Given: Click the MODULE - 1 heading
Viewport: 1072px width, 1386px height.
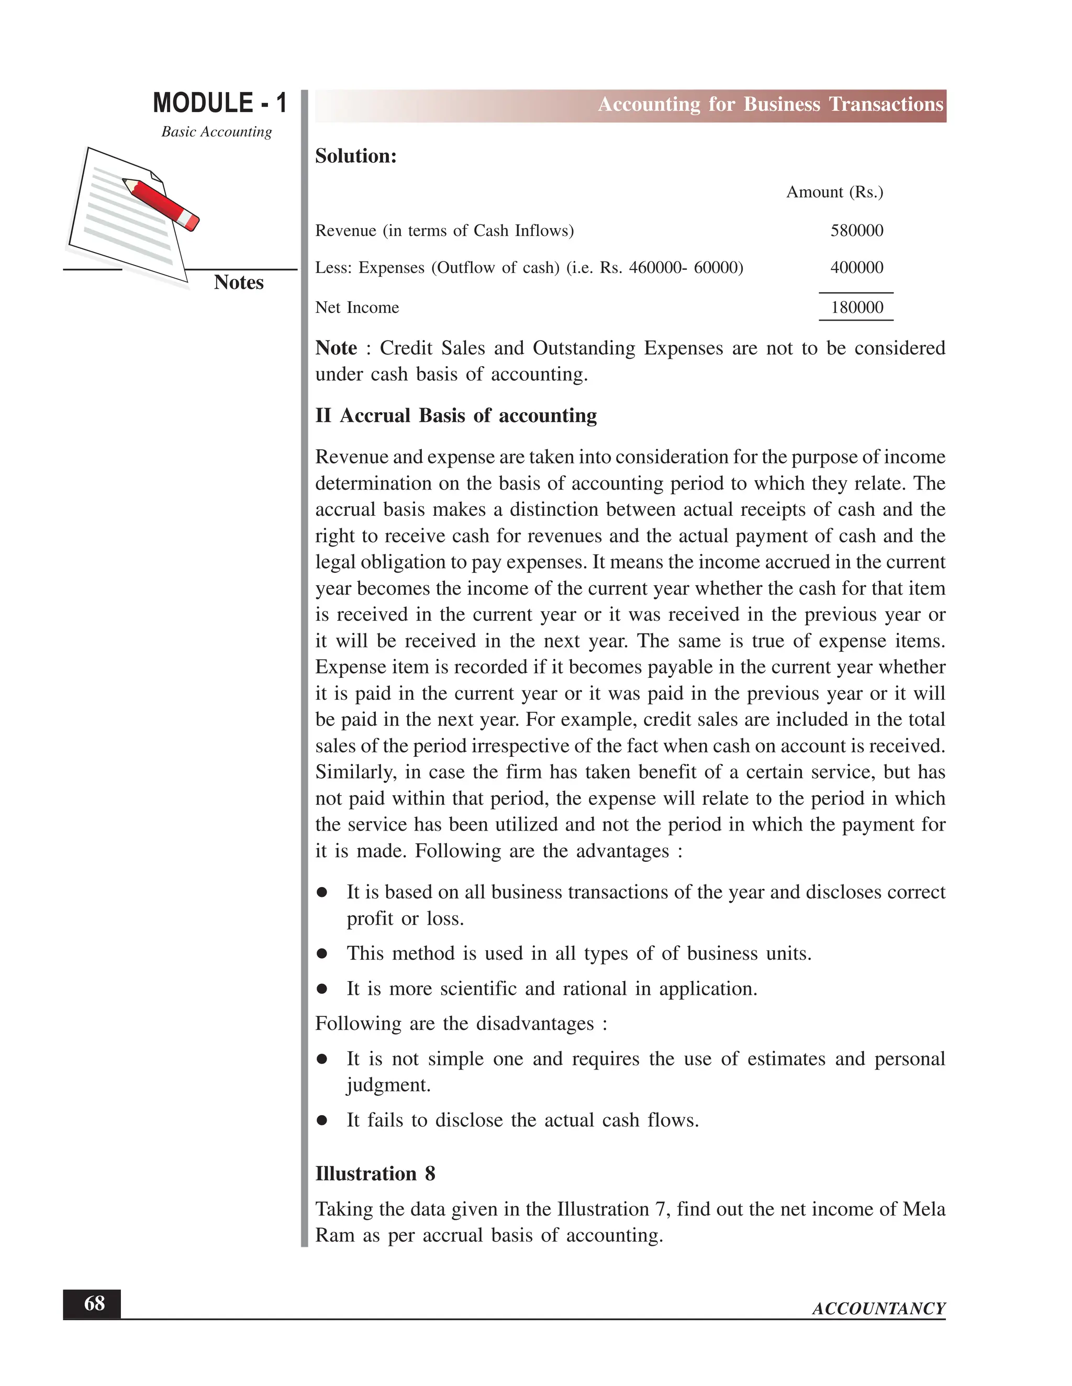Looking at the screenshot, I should coord(220,103).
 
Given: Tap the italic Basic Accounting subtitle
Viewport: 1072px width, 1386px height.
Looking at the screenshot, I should coord(216,131).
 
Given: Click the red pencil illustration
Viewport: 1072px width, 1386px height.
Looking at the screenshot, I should coord(161,203).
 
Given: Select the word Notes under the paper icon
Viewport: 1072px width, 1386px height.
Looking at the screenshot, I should coord(238,282).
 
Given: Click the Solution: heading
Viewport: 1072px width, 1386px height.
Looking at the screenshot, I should coord(355,156).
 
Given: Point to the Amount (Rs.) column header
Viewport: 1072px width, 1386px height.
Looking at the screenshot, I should coord(834,192).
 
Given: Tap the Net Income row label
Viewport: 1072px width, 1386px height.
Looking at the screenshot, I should coord(357,308).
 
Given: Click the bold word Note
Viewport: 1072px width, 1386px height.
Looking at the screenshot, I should coord(336,348).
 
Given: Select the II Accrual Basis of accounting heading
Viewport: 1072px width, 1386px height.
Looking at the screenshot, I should coord(456,416).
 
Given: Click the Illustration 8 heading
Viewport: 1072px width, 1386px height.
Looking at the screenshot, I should coord(375,1174).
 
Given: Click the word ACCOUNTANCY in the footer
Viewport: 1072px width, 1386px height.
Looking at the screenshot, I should coord(878,1309).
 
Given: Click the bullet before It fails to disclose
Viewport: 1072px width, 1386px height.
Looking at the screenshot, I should coord(322,1120).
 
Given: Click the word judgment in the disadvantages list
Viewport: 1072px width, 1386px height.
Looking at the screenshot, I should coord(387,1085).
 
